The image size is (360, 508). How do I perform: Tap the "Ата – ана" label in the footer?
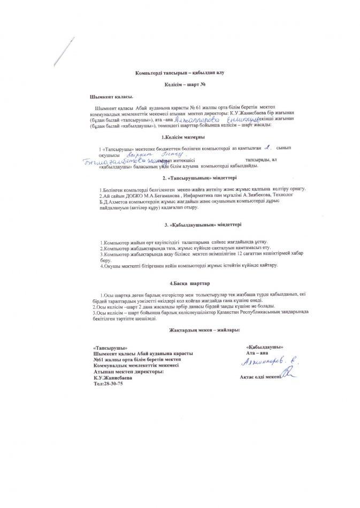click(255, 353)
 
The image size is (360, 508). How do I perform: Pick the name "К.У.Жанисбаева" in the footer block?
click(112, 377)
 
